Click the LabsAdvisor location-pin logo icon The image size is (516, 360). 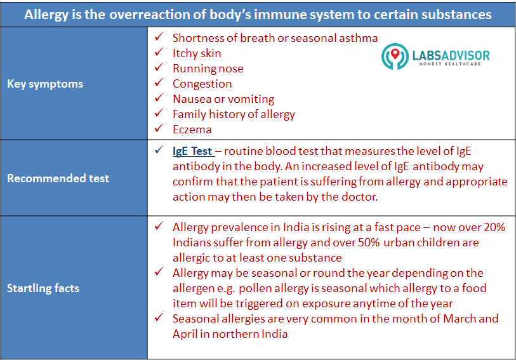pyautogui.click(x=395, y=57)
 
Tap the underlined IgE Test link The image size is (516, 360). pyautogui.click(x=193, y=151)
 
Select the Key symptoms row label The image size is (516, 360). pyautogui.click(x=45, y=84)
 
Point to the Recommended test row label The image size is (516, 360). pyautogui.click(x=58, y=178)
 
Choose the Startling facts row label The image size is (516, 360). pyautogui.click(x=43, y=288)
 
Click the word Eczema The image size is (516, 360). pyautogui.click(x=192, y=130)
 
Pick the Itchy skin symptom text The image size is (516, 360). pyautogui.click(x=197, y=53)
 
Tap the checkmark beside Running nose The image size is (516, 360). pyautogui.click(x=159, y=67)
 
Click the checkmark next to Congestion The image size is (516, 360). pyautogui.click(x=159, y=83)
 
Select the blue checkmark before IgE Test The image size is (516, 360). pyautogui.click(x=159, y=150)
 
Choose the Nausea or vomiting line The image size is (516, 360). pyautogui.click(x=223, y=99)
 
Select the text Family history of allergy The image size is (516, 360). pyautogui.click(x=234, y=114)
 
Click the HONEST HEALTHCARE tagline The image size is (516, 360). pyautogui.click(x=450, y=64)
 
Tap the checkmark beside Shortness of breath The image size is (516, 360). pyautogui.click(x=159, y=37)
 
